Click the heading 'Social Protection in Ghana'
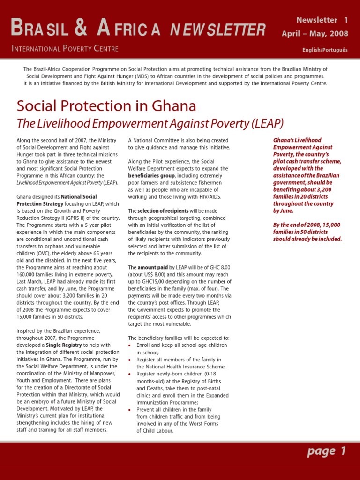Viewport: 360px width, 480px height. (106, 106)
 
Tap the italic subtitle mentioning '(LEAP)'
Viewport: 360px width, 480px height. (150, 123)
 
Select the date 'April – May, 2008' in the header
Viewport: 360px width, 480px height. (315, 34)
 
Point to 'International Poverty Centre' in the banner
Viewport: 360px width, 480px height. (65, 49)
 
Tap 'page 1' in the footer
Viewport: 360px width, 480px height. (327, 451)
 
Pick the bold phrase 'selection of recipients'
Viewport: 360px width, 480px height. (163, 211)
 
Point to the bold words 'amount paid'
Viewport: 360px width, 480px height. (152, 267)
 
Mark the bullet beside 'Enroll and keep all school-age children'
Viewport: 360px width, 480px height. (130, 345)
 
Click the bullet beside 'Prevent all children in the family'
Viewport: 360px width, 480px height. (130, 409)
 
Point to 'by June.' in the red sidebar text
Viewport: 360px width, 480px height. (284, 211)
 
